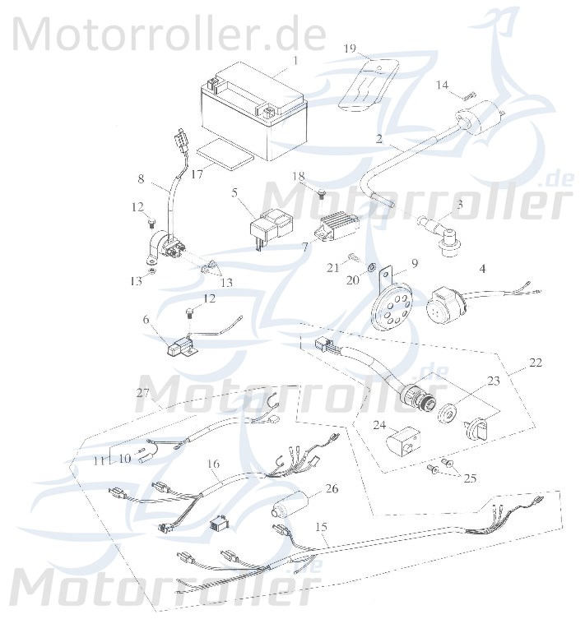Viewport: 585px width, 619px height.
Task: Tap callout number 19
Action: click(x=350, y=49)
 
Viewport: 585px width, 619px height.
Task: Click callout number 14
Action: click(x=443, y=85)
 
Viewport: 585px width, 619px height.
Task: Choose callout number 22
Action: click(x=513, y=363)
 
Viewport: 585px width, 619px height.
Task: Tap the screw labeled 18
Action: click(x=322, y=192)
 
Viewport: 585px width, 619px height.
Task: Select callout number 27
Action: click(x=142, y=394)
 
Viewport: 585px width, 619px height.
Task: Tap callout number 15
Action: click(x=321, y=525)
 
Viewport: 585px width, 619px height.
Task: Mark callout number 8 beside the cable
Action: click(x=141, y=178)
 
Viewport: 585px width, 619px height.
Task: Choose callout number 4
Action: click(x=483, y=268)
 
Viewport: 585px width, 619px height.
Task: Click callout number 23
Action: click(x=493, y=380)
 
